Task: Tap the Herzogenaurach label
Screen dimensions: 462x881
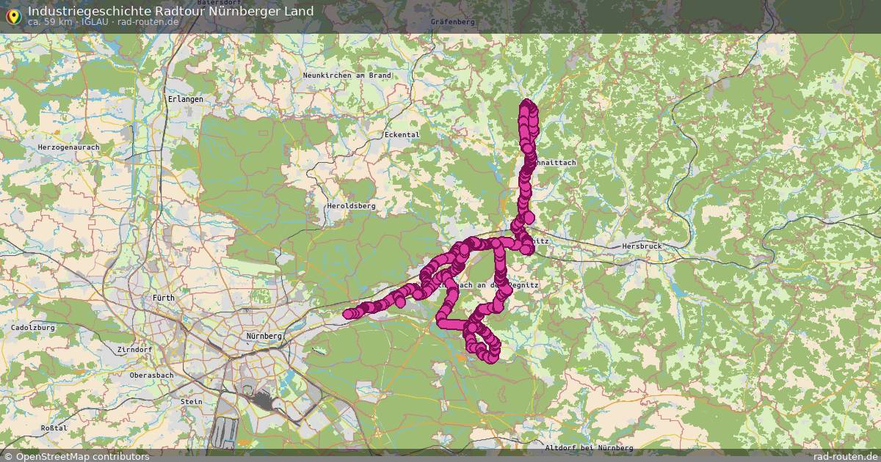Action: (x=68, y=147)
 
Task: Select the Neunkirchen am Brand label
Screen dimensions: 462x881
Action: (x=347, y=75)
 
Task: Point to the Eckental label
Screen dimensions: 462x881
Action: (x=402, y=135)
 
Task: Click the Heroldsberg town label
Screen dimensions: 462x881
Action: (x=350, y=206)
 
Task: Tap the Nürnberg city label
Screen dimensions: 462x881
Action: (x=264, y=336)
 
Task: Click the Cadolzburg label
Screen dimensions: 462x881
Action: (x=33, y=328)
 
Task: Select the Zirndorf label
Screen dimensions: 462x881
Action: (x=134, y=350)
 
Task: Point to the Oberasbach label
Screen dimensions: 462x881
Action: (x=152, y=375)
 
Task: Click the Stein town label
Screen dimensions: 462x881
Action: (x=191, y=401)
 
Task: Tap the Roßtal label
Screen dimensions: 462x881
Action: (x=54, y=428)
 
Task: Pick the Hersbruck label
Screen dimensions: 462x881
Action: (x=641, y=246)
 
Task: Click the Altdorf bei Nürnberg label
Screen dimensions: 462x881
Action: (x=589, y=447)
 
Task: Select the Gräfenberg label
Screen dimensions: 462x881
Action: (x=453, y=22)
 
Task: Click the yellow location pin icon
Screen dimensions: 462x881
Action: (x=12, y=15)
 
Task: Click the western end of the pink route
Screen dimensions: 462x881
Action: (x=348, y=315)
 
